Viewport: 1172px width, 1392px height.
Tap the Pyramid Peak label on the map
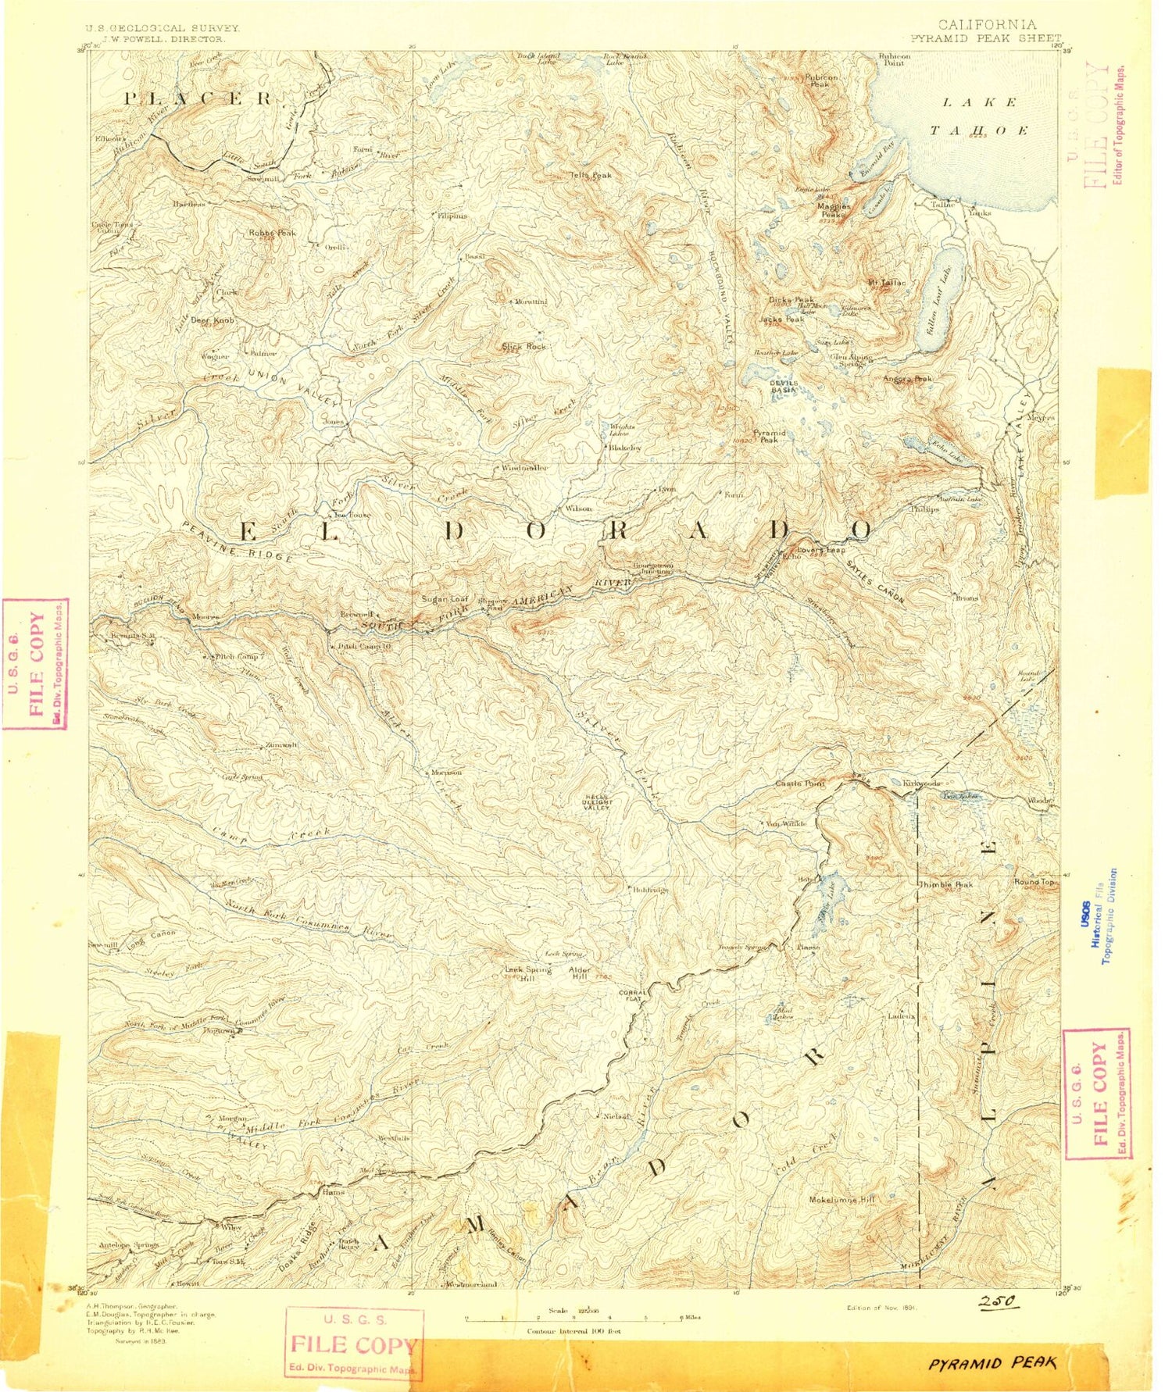(770, 437)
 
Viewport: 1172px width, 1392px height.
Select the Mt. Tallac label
(887, 282)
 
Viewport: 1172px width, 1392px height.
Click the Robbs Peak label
(272, 233)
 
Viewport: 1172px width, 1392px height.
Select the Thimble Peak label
(946, 884)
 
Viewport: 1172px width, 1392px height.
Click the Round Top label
(1034, 882)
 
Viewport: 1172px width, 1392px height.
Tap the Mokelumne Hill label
(842, 1200)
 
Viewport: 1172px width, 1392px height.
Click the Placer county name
(200, 98)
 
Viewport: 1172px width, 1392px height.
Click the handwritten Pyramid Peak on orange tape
(992, 1363)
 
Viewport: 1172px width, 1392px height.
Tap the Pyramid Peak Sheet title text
(985, 37)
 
